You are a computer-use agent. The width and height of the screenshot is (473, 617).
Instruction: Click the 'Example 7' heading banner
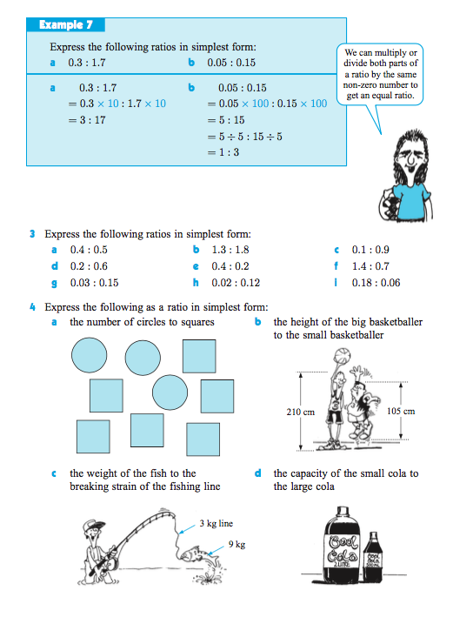point(64,26)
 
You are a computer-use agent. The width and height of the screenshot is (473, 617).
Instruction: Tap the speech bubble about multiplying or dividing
point(381,74)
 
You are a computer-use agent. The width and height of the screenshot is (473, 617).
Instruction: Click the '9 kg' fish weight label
point(236,544)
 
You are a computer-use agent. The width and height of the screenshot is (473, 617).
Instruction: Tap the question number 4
point(31,306)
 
